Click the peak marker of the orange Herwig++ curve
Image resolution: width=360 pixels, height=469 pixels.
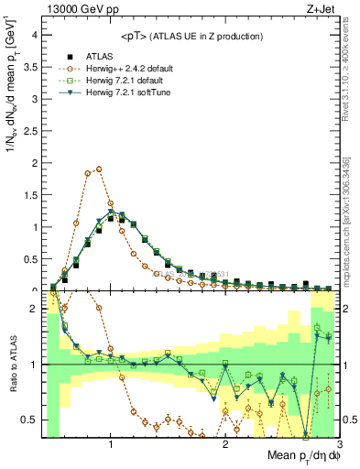99,169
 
